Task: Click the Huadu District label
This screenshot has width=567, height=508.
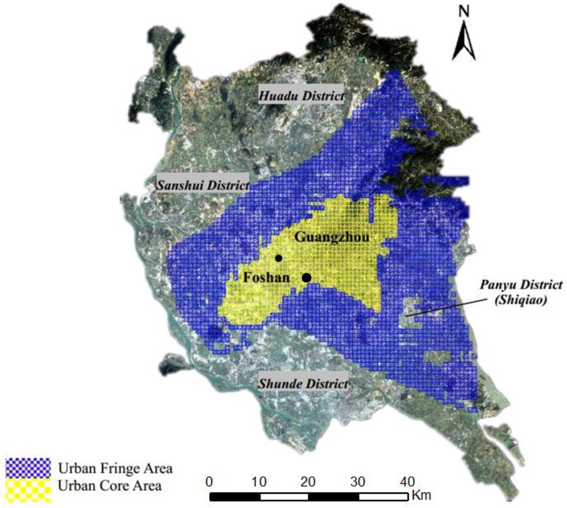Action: click(301, 95)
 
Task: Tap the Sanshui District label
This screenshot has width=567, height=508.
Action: click(202, 185)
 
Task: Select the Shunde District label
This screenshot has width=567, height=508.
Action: click(303, 383)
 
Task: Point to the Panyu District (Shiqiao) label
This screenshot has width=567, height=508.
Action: click(520, 290)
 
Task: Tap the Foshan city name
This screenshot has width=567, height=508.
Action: click(266, 277)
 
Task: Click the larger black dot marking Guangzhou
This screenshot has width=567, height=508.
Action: click(306, 278)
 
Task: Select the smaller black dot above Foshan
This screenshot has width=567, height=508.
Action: click(279, 258)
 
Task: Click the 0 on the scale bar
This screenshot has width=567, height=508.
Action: click(209, 480)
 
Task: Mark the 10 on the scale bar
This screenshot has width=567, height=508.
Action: click(259, 480)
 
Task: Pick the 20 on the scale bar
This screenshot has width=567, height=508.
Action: click(308, 480)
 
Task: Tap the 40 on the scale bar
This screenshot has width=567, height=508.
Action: click(408, 480)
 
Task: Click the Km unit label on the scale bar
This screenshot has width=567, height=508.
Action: click(421, 494)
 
